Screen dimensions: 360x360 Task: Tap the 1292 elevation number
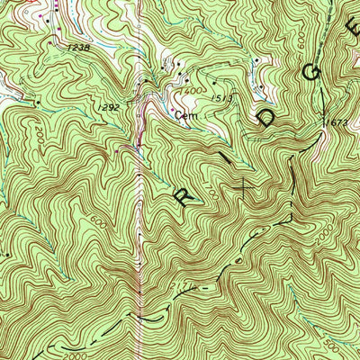click(109, 106)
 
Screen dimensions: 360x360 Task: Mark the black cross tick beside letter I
click(244, 185)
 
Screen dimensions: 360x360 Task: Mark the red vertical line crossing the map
click(140, 225)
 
